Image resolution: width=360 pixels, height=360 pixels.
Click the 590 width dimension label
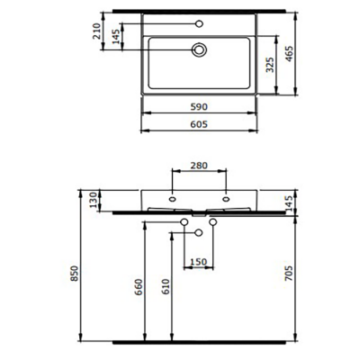(x=200, y=106)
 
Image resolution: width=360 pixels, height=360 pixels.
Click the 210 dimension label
(x=94, y=33)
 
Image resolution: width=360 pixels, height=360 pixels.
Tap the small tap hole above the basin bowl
(x=200, y=23)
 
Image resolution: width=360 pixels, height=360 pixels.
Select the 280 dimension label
(x=200, y=166)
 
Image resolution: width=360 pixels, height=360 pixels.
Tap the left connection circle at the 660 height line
(x=185, y=221)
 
